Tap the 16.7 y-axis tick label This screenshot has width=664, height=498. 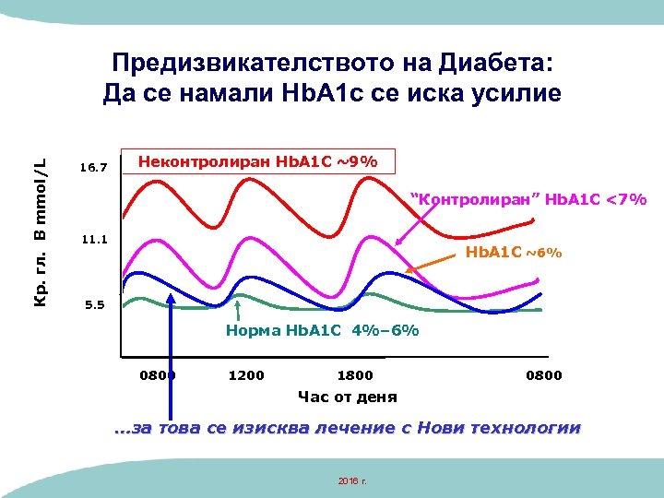94,168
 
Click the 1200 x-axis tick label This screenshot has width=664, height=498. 245,375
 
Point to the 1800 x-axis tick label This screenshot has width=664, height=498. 355,375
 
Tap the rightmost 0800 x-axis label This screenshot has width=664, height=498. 543,375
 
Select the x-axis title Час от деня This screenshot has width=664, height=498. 347,397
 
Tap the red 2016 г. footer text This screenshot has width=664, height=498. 352,480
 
